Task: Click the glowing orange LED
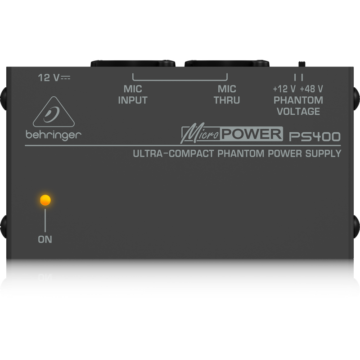(x=45, y=200)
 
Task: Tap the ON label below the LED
(x=45, y=239)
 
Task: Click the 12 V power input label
(x=54, y=78)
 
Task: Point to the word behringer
(x=54, y=135)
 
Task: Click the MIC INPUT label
(x=133, y=94)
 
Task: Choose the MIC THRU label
(x=227, y=94)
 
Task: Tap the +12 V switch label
(x=284, y=89)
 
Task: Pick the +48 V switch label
(x=311, y=89)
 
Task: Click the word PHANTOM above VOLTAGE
(x=298, y=100)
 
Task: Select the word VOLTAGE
(x=298, y=111)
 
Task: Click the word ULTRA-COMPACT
(x=174, y=154)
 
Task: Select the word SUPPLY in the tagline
(x=323, y=154)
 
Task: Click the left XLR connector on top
(x=133, y=63)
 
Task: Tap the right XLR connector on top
(x=227, y=63)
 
